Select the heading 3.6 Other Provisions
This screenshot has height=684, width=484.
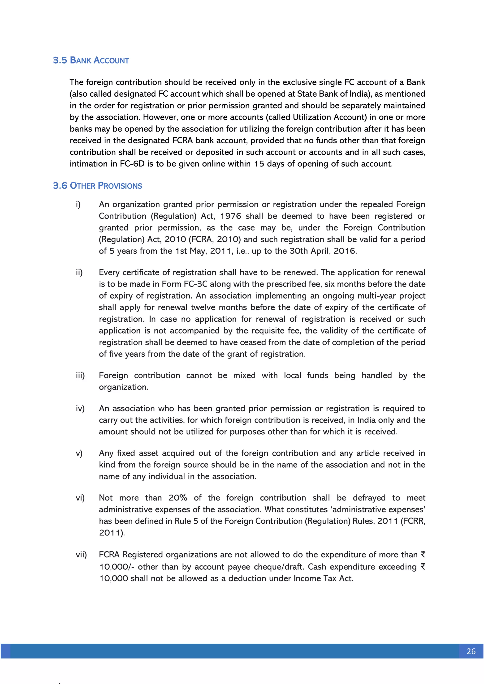tap(97, 186)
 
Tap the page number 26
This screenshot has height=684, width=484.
tap(471, 651)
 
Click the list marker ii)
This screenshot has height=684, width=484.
tap(79, 272)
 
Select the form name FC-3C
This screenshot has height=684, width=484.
tap(195, 284)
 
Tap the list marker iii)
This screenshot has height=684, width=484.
tap(80, 375)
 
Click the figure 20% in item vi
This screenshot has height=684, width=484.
tap(178, 498)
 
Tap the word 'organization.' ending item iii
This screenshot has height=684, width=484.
tap(123, 387)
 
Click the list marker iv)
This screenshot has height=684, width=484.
tap(80, 408)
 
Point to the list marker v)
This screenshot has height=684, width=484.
tap(79, 453)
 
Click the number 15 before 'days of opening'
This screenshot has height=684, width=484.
tap(259, 164)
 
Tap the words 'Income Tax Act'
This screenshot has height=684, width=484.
tap(323, 578)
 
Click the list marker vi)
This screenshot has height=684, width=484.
tap(80, 498)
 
